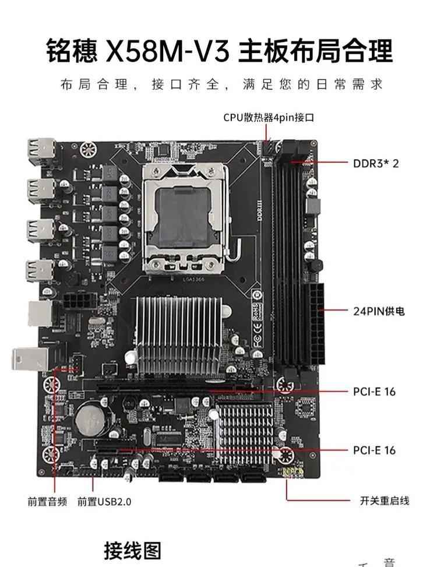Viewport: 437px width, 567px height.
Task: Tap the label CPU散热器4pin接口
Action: [x=269, y=117]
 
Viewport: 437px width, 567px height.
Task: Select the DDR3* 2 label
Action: [x=376, y=163]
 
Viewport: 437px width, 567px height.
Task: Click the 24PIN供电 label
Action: [x=378, y=311]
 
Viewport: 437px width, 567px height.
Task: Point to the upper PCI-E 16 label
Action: [x=374, y=392]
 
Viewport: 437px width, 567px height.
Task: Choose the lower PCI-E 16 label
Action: [x=374, y=450]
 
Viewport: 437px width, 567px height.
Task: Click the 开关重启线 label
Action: [x=384, y=501]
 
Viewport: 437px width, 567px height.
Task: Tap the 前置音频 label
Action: [x=47, y=501]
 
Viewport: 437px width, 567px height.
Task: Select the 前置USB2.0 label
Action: [x=104, y=501]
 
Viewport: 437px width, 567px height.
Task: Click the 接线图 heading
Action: [x=132, y=550]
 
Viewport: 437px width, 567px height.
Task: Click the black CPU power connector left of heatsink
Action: [x=77, y=303]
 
